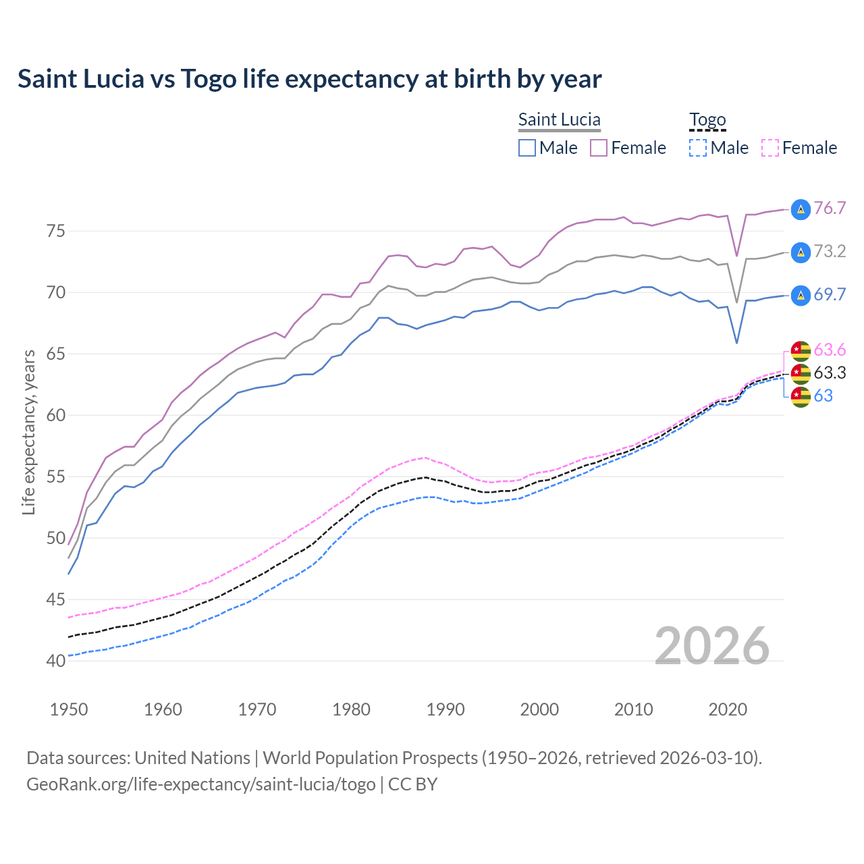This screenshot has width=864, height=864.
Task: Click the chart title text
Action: click(309, 79)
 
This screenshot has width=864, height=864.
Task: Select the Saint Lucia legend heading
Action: click(559, 119)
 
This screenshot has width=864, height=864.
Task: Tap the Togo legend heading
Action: click(707, 119)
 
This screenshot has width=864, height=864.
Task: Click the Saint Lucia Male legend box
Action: click(527, 148)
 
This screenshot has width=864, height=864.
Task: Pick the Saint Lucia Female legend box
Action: click(599, 148)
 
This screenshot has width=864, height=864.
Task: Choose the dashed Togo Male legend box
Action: click(698, 148)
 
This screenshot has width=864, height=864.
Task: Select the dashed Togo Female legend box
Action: click(770, 148)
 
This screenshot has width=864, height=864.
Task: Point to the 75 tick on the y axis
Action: click(56, 232)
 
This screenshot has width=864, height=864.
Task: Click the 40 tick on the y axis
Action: click(56, 661)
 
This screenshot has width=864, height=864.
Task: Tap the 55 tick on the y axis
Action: click(56, 477)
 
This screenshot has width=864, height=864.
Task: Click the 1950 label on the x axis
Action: click(69, 709)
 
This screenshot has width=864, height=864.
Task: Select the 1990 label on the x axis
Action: click(446, 709)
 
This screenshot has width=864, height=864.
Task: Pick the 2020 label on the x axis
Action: click(728, 709)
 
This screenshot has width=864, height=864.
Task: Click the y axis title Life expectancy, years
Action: click(28, 432)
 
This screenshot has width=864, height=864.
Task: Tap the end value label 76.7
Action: click(830, 208)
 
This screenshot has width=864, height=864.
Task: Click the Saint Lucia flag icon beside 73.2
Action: click(801, 252)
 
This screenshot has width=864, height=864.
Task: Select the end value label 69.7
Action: click(830, 294)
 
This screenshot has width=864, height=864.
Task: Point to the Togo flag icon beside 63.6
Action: click(801, 350)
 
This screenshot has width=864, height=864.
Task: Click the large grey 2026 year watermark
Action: click(711, 646)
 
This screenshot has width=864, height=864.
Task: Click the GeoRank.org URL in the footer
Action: click(200, 784)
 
